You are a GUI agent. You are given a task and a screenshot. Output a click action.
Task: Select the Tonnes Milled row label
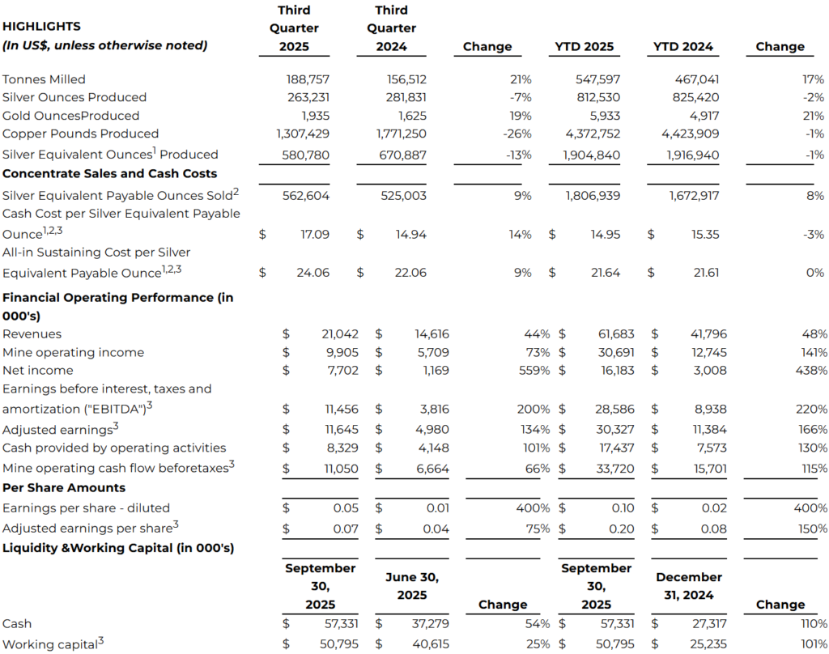point(44,79)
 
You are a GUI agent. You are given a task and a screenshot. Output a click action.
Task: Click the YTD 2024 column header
point(683,46)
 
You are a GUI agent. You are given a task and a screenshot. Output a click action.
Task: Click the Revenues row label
point(32,333)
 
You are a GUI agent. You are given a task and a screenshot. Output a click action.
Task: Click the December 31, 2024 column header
point(688,586)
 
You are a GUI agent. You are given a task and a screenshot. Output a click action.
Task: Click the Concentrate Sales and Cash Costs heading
point(109,173)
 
